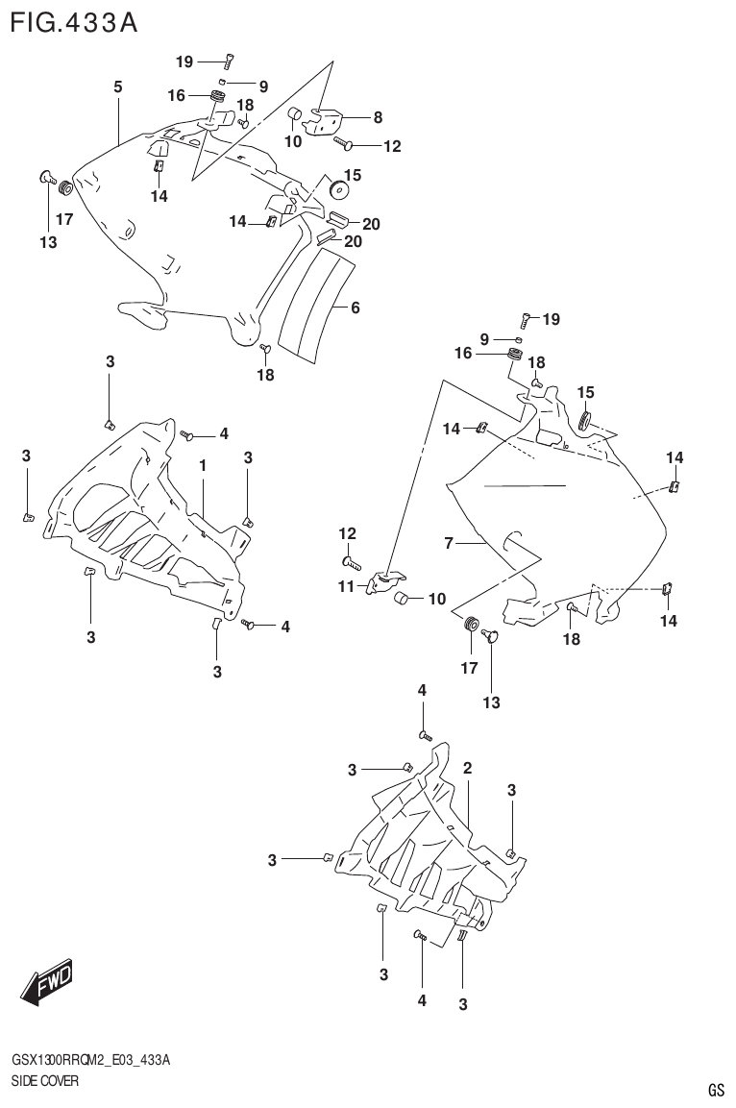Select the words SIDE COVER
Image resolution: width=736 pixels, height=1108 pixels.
click(44, 1081)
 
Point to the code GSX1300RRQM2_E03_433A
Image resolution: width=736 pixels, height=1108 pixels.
click(91, 1060)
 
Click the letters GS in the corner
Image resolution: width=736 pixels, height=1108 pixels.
click(715, 1090)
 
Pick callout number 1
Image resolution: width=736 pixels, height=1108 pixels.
click(204, 465)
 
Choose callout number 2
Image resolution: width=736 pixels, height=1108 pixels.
click(467, 768)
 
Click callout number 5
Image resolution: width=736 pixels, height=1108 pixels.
click(117, 87)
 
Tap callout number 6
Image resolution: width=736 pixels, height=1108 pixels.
click(355, 308)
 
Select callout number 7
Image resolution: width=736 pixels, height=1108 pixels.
click(448, 544)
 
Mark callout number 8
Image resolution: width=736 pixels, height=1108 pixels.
click(378, 117)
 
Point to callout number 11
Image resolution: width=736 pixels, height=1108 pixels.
click(346, 585)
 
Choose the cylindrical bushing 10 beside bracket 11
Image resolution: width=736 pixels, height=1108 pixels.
click(404, 601)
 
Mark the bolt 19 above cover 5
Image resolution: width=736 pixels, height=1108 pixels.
click(228, 62)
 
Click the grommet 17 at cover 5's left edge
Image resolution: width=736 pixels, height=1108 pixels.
click(65, 186)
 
